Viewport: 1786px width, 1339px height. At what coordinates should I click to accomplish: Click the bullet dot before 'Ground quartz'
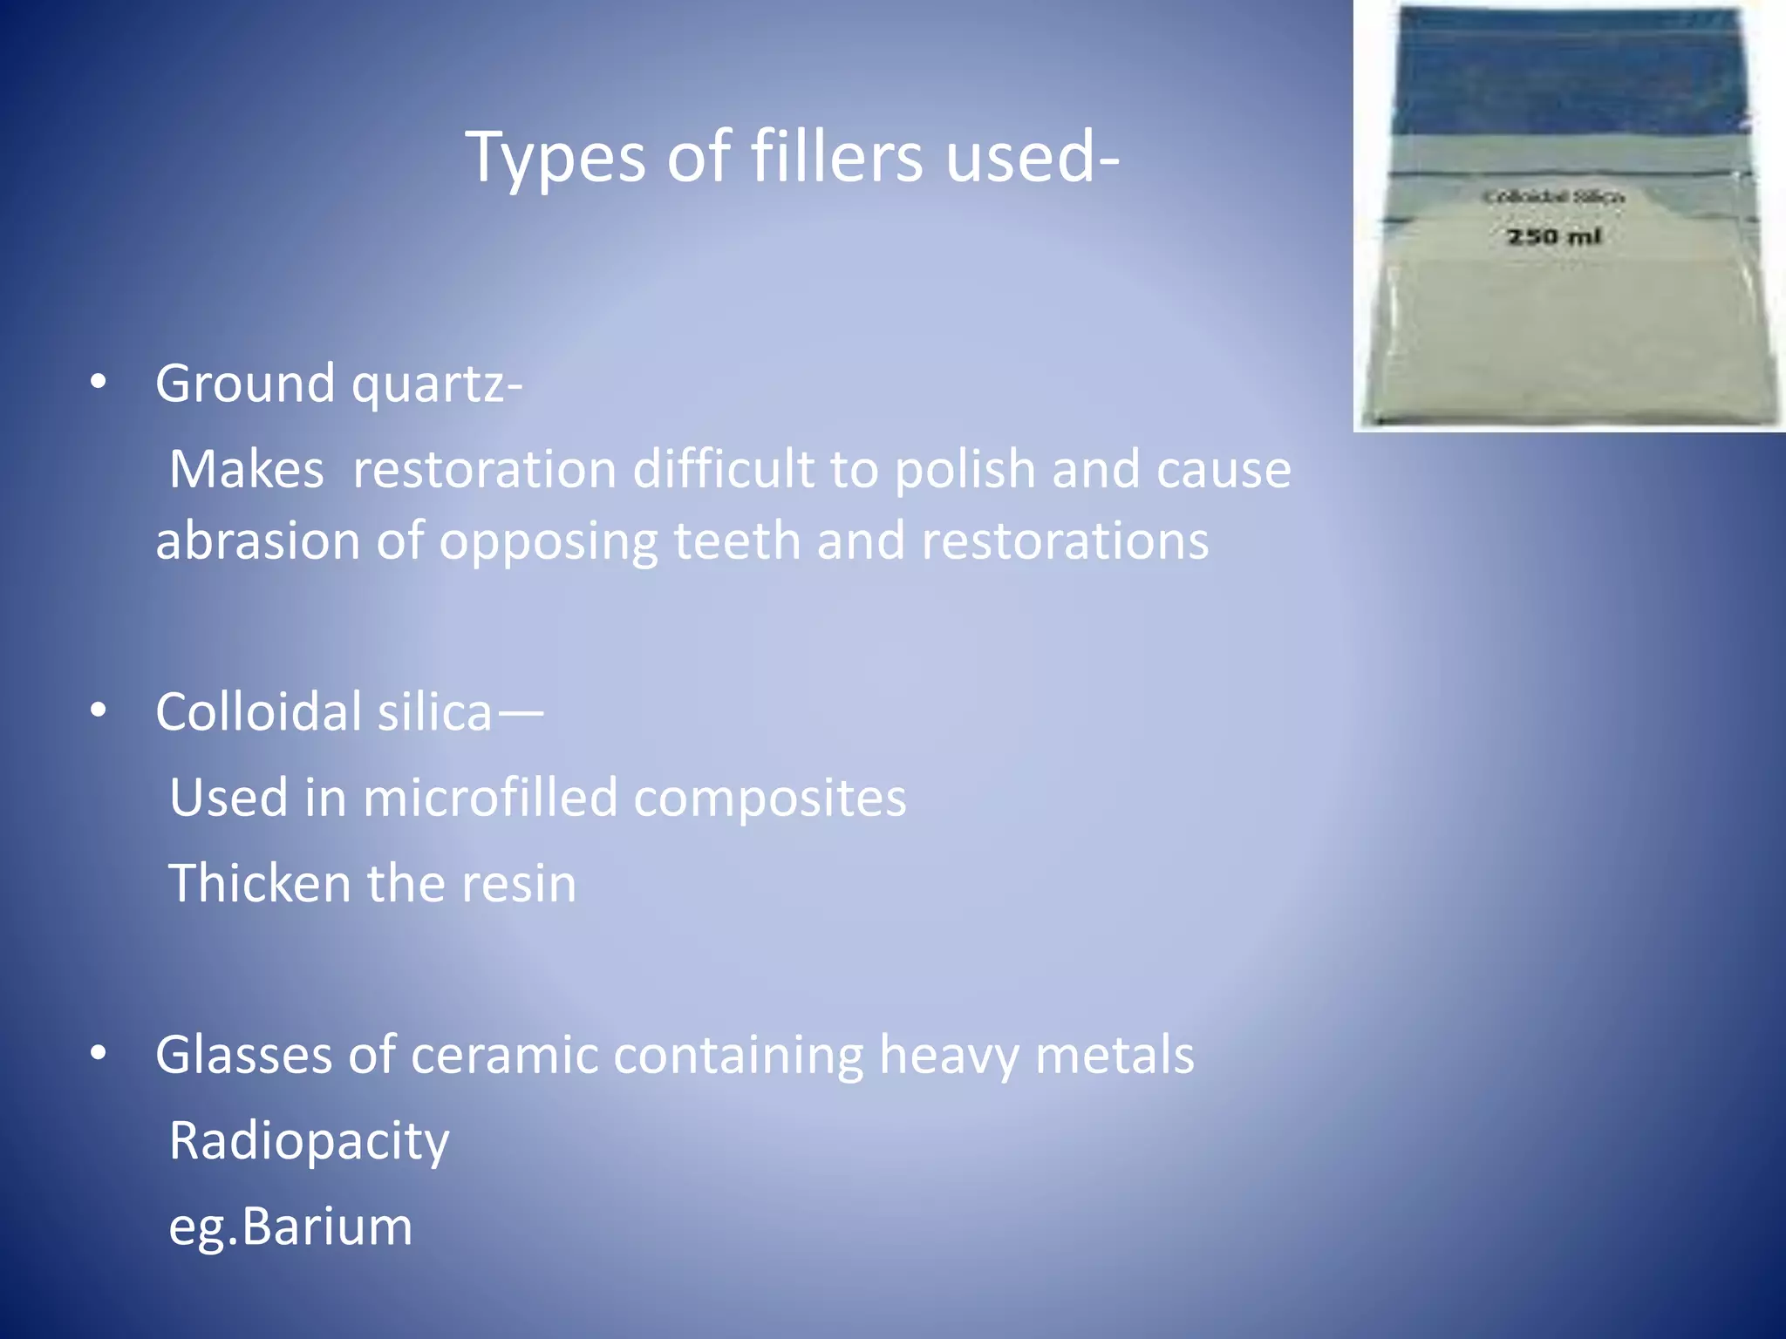tap(99, 382)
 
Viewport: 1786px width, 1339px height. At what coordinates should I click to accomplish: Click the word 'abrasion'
tap(257, 540)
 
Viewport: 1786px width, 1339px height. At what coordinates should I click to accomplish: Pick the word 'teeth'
tap(737, 540)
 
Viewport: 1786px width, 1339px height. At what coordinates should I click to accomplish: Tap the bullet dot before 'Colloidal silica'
tap(99, 710)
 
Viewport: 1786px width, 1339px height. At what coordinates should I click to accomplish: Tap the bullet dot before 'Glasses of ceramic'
tap(99, 1054)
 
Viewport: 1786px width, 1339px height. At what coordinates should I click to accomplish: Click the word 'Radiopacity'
tap(309, 1140)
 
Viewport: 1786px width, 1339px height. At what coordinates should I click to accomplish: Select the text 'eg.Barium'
tap(290, 1226)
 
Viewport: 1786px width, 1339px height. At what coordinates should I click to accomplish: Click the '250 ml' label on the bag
tap(1554, 236)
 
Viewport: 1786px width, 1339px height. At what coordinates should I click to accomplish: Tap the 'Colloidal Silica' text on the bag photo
tap(1553, 197)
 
